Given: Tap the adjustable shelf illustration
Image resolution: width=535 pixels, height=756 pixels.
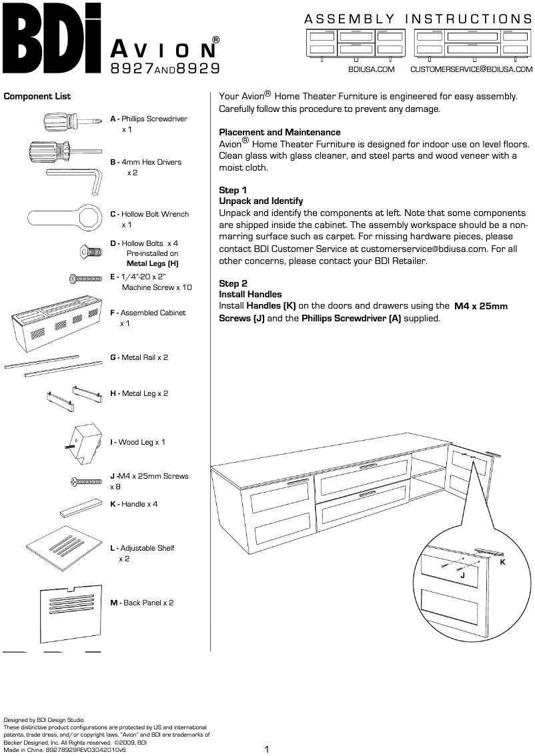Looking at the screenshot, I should click(x=65, y=545).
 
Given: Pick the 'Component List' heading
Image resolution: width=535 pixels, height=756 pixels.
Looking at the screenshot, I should click(x=37, y=97).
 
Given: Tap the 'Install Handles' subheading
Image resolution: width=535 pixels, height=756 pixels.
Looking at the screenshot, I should click(x=250, y=294).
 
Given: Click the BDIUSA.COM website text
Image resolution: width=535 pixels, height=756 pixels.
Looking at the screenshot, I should click(x=372, y=69).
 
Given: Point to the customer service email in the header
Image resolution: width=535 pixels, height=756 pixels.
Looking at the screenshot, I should click(x=471, y=69).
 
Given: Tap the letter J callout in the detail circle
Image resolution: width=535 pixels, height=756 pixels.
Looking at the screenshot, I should click(x=462, y=574).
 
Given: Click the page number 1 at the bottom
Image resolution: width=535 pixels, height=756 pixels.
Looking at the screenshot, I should click(x=267, y=749).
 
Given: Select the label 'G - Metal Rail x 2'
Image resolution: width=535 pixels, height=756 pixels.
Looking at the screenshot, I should click(x=139, y=357).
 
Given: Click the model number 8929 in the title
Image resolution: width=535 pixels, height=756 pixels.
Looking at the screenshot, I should click(x=199, y=68).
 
